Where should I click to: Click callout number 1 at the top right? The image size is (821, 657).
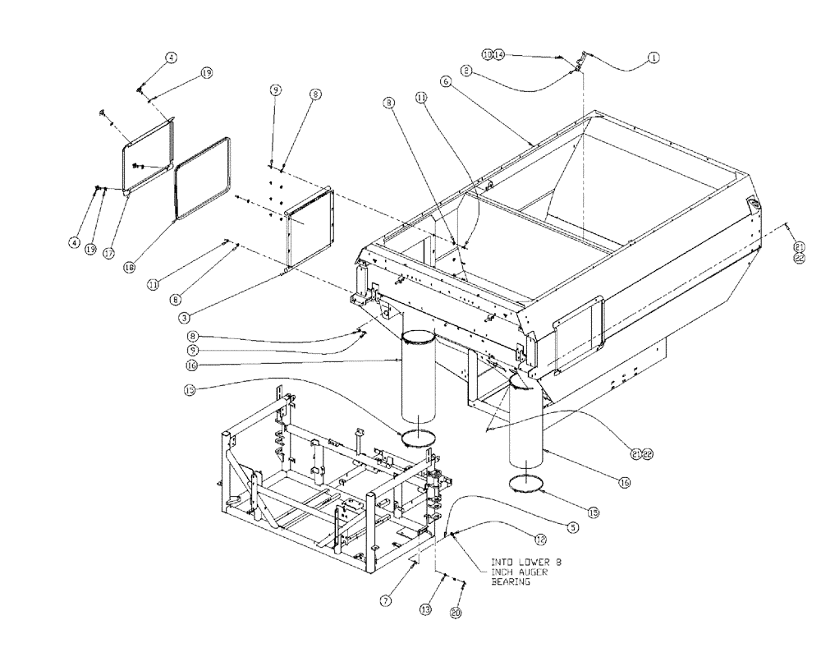[x=654, y=57]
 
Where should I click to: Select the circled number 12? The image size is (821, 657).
[x=539, y=540]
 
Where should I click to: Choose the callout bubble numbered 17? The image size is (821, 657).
[x=108, y=254]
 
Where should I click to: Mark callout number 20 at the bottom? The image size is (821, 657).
[x=456, y=612]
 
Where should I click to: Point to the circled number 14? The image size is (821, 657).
[x=498, y=54]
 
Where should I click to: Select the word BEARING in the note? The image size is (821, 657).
[x=510, y=581]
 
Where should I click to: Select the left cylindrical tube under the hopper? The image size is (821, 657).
[x=420, y=382]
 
